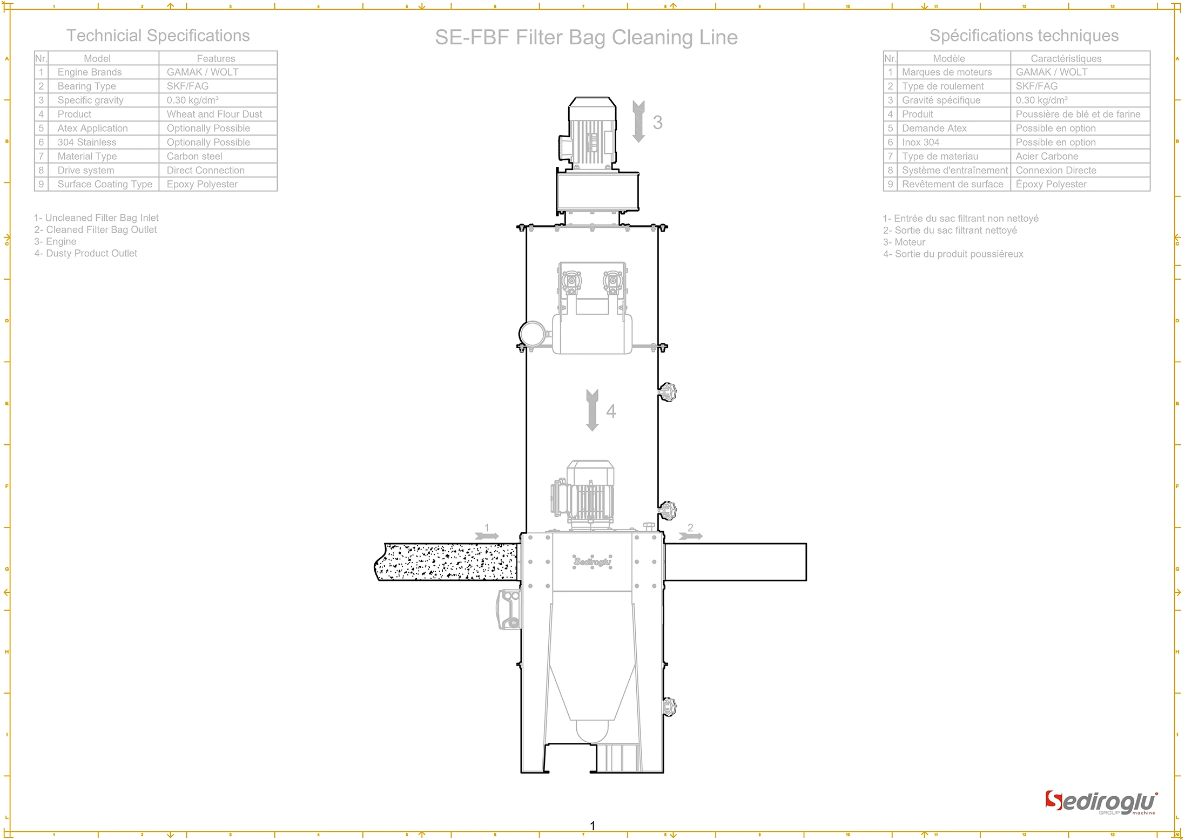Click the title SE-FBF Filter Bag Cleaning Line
[x=586, y=37]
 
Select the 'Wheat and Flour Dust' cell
[x=214, y=114]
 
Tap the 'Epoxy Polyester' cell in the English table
[x=202, y=185]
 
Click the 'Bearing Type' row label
[x=86, y=86]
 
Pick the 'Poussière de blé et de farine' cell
[x=1078, y=114]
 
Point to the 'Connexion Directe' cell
[x=1055, y=171]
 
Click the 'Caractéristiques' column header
[x=1066, y=58]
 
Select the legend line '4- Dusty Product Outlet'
[x=86, y=254]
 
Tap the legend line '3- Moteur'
[x=904, y=242]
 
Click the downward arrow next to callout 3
[x=638, y=121]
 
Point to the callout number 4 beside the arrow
[x=611, y=411]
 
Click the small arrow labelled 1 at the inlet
[x=487, y=536]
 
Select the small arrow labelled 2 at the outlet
[x=690, y=536]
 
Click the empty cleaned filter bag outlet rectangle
[x=735, y=562]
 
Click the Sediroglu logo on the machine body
[x=592, y=561]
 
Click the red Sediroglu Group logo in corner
[x=1101, y=803]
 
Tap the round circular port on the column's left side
[x=532, y=333]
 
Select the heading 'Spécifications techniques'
[x=1024, y=36]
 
